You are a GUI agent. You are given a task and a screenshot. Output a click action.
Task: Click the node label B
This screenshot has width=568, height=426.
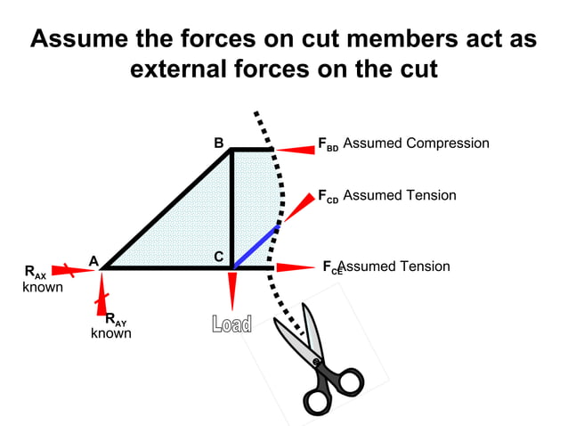(x=219, y=143)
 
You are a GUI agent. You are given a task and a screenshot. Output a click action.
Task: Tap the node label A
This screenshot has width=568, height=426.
(x=93, y=260)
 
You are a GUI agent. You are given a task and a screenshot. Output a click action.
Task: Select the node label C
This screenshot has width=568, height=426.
(x=219, y=257)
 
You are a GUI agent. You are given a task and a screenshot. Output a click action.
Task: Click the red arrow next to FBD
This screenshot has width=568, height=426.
(x=295, y=150)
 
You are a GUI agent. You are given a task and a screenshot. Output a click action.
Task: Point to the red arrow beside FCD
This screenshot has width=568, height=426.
(x=296, y=207)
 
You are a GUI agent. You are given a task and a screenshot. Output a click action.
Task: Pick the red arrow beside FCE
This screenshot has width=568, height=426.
(x=295, y=266)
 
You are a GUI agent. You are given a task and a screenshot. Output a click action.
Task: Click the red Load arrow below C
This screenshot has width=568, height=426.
(x=232, y=290)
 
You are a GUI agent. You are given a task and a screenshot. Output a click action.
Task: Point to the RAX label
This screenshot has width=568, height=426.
(x=35, y=273)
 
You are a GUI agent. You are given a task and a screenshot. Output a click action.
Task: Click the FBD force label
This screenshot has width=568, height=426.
(x=328, y=144)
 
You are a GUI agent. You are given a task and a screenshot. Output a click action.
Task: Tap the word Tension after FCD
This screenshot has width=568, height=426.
(x=426, y=195)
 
